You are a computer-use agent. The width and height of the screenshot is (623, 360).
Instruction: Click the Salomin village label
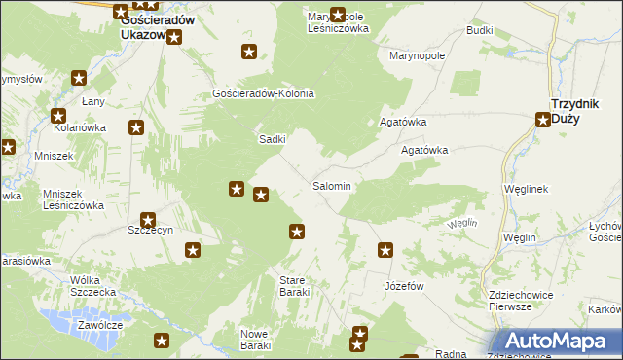pos(331,185)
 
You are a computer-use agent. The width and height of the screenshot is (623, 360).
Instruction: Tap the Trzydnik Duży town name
pos(580,109)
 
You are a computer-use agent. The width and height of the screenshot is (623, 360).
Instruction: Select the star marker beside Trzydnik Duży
pos(543,121)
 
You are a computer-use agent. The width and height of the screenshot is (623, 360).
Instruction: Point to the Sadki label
pos(272,139)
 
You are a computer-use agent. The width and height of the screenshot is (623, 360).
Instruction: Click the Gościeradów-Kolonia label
pos(263,93)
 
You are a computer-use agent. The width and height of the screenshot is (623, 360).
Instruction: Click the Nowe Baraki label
pos(254,340)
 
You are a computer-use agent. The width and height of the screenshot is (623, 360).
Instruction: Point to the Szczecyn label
pos(150,230)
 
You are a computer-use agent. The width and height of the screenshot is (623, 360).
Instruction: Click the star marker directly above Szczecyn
pos(147,220)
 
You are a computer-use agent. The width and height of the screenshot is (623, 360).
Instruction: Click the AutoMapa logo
pos(560,341)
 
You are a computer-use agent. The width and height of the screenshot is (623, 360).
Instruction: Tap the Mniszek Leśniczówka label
pos(73,199)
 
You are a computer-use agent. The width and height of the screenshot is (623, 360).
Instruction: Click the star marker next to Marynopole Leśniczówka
pos(338,15)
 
